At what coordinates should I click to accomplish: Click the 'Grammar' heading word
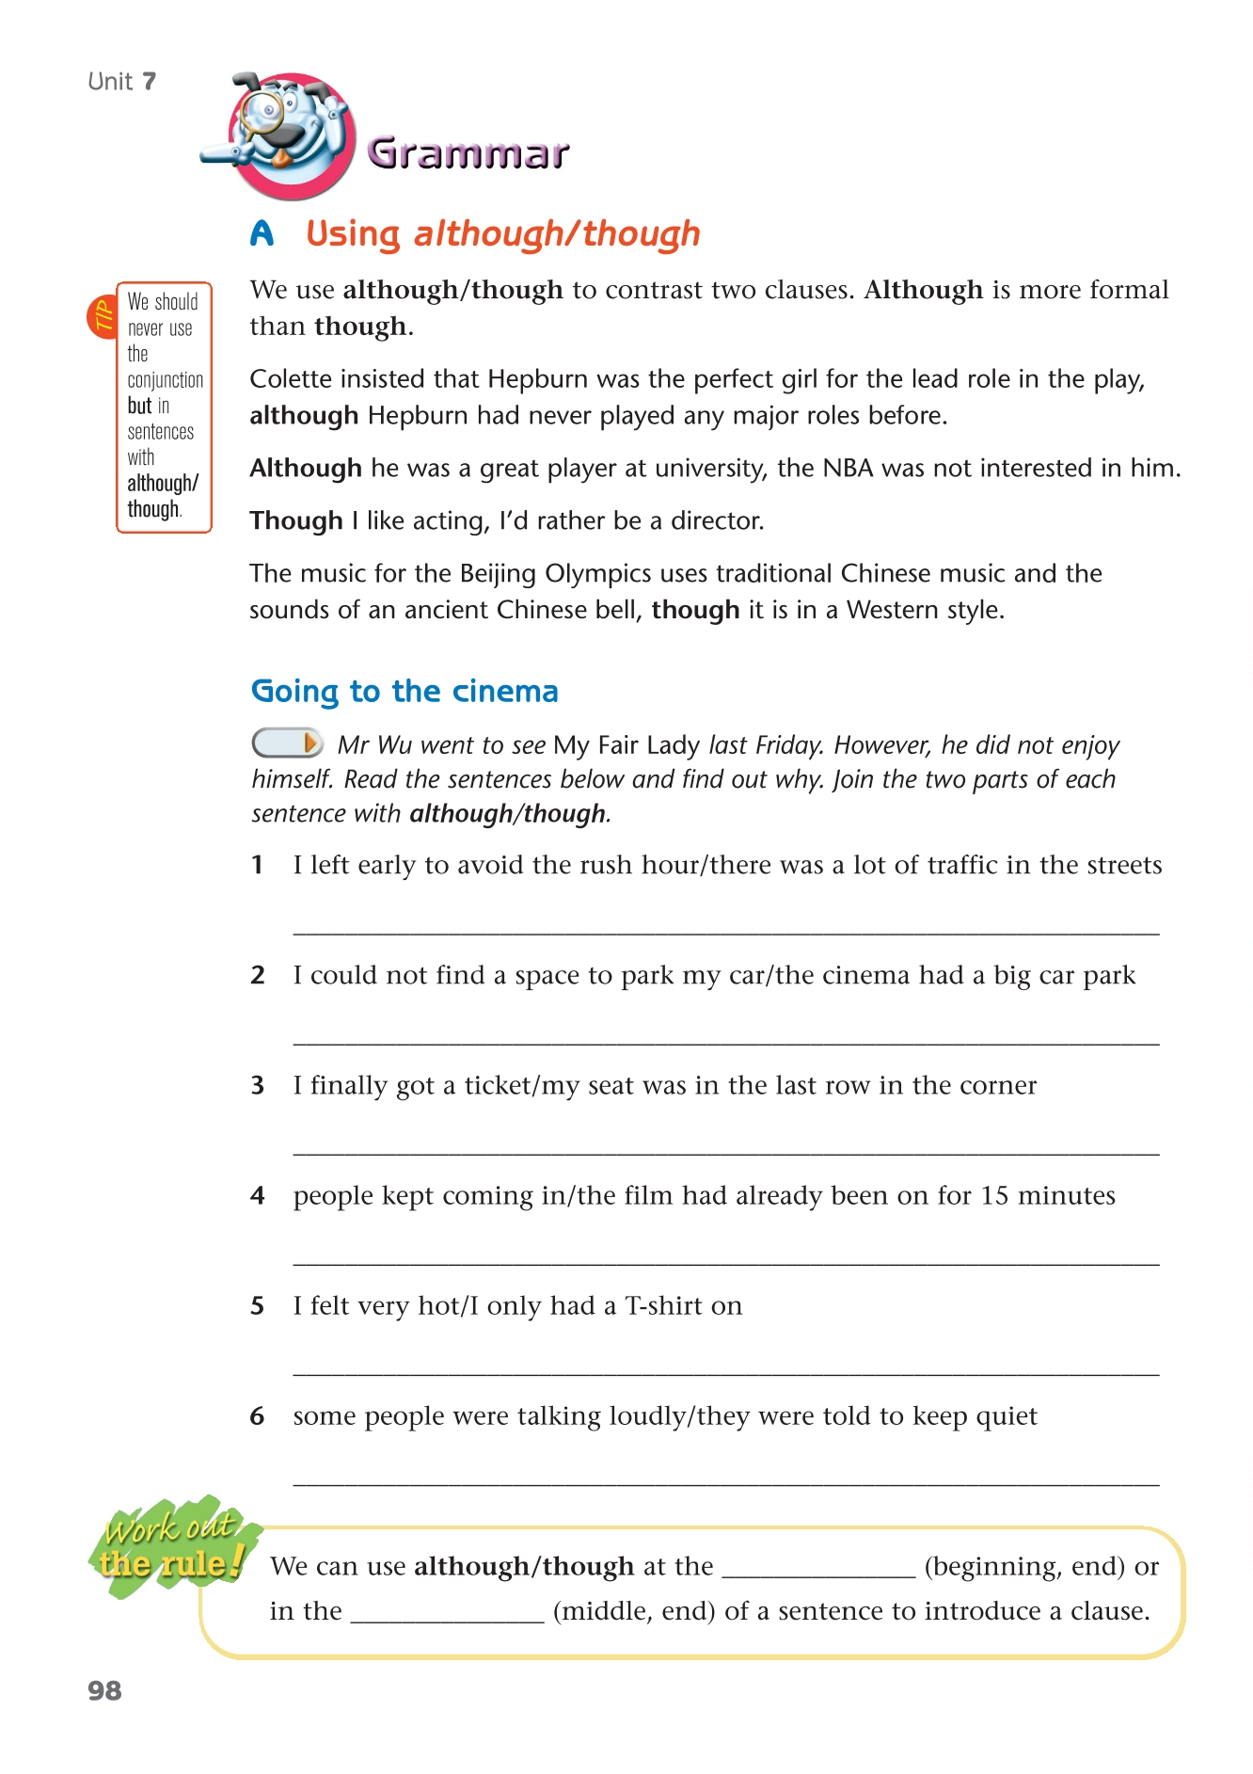pyautogui.click(x=468, y=153)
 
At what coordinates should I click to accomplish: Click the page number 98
pyautogui.click(x=104, y=1690)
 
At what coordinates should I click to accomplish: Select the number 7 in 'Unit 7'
pyautogui.click(x=149, y=82)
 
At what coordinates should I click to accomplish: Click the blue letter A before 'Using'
pyautogui.click(x=262, y=233)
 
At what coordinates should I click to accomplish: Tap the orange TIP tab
pyautogui.click(x=102, y=317)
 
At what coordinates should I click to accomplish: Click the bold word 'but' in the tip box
pyautogui.click(x=139, y=406)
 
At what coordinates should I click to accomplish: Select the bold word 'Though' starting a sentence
pyautogui.click(x=295, y=520)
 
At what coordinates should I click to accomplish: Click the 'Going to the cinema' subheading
pyautogui.click(x=404, y=691)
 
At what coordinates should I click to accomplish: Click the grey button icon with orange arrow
pyautogui.click(x=287, y=743)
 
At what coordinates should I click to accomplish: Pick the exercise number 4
pyautogui.click(x=258, y=1195)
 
